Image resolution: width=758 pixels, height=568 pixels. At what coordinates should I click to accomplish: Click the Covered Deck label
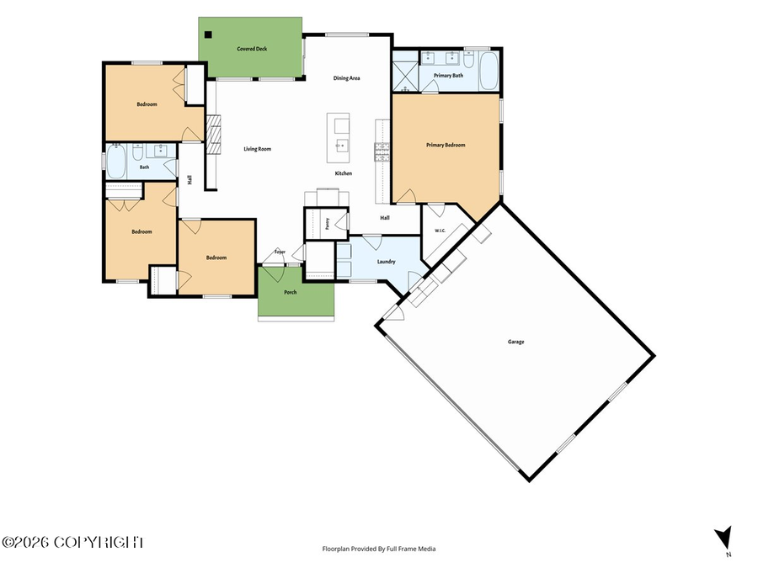click(252, 49)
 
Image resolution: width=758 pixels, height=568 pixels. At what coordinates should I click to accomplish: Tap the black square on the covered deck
click(208, 35)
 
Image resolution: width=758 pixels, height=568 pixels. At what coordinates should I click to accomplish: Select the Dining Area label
click(347, 78)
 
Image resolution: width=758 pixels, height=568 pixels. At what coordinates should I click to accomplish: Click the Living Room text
click(257, 149)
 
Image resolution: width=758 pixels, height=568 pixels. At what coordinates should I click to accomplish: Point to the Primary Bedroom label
click(446, 145)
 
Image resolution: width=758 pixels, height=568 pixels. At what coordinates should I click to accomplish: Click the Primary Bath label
click(448, 76)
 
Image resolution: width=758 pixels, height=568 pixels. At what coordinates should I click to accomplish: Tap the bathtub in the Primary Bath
click(488, 71)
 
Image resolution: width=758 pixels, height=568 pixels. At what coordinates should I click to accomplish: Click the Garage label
click(515, 342)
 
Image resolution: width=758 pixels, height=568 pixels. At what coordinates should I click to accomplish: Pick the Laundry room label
click(387, 262)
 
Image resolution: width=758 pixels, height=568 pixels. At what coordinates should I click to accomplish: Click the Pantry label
click(328, 224)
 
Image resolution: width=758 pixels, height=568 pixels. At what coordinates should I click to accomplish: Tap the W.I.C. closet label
click(440, 231)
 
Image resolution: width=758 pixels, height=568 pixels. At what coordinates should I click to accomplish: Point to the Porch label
click(291, 292)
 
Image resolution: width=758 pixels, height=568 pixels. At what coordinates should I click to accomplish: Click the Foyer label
click(280, 252)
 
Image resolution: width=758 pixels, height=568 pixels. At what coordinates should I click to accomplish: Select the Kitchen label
click(344, 173)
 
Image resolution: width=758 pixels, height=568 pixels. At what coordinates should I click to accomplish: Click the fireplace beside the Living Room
click(213, 135)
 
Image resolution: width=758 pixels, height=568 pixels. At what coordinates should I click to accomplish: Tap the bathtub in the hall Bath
click(116, 162)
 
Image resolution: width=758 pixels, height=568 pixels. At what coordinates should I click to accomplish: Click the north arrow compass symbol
click(723, 538)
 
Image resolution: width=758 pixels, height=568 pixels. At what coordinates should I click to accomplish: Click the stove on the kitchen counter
click(382, 151)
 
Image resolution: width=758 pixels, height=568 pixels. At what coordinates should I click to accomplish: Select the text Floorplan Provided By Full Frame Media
click(379, 549)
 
